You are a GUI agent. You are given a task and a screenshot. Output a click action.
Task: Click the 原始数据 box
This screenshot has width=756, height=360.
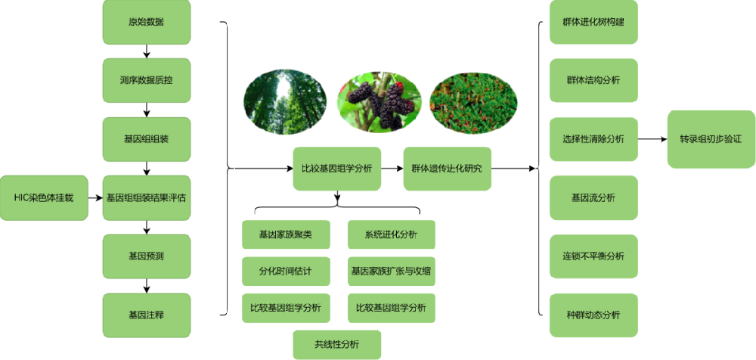tap(147, 21)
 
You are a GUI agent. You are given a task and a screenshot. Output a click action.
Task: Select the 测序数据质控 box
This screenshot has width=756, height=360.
tap(147, 79)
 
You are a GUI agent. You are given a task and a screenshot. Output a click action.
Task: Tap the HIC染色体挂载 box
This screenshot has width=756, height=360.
tap(44, 197)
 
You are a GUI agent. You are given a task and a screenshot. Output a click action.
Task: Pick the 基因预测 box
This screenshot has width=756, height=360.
tap(147, 256)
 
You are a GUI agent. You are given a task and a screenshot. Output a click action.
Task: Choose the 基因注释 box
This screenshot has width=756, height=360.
tap(147, 315)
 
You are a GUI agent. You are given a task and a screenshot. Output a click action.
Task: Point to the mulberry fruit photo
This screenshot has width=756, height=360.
tap(379, 101)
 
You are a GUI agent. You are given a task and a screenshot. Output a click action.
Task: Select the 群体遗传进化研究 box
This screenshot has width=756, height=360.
tap(447, 169)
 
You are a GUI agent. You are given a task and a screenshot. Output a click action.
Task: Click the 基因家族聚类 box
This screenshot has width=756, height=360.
tap(286, 234)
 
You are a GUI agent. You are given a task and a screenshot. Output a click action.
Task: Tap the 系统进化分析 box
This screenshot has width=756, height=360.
tap(391, 234)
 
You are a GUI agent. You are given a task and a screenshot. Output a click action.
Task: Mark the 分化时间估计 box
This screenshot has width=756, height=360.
tap(286, 270)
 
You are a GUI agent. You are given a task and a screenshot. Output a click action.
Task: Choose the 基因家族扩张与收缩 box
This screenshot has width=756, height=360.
tap(391, 270)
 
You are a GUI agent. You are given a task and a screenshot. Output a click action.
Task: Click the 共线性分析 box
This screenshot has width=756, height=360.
tap(336, 344)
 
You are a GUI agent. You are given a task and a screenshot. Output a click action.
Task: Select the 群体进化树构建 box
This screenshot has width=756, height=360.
tap(593, 21)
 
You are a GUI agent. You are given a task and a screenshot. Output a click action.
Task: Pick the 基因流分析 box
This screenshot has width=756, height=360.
tap(593, 197)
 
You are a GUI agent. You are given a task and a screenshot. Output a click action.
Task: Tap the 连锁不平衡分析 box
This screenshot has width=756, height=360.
tap(593, 256)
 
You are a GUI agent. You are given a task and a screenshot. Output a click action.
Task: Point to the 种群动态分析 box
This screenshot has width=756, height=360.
tap(593, 315)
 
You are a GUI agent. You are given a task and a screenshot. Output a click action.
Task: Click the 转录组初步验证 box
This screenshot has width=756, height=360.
tap(711, 139)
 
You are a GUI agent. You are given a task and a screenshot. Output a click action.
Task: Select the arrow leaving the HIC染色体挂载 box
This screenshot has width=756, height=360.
tap(94, 198)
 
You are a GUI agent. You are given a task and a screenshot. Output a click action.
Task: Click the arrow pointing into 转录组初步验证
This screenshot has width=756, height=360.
tap(652, 139)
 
